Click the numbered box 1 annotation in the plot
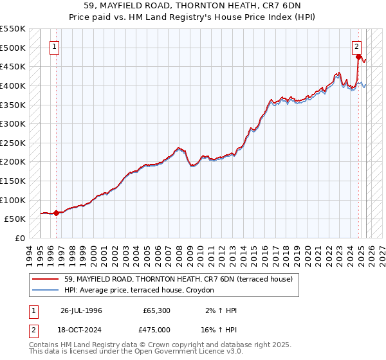click(55, 46)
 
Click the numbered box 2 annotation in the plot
click(356, 46)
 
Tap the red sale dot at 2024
click(358, 57)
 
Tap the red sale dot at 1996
click(56, 213)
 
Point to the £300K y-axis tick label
click(13, 123)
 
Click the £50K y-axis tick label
click(15, 219)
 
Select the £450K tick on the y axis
click(13, 66)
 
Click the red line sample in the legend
click(46, 279)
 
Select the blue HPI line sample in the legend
click(46, 291)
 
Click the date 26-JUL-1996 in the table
click(82, 310)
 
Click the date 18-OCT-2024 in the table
click(82, 330)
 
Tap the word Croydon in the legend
click(201, 291)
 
